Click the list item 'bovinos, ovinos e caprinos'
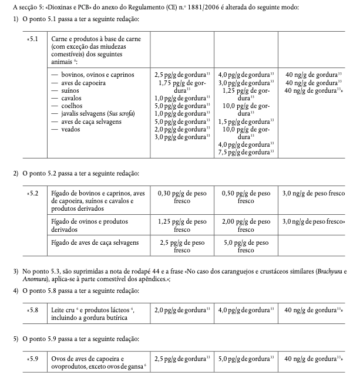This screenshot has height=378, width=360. tap(93, 75)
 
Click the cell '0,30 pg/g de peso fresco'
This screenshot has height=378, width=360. tap(181, 196)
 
